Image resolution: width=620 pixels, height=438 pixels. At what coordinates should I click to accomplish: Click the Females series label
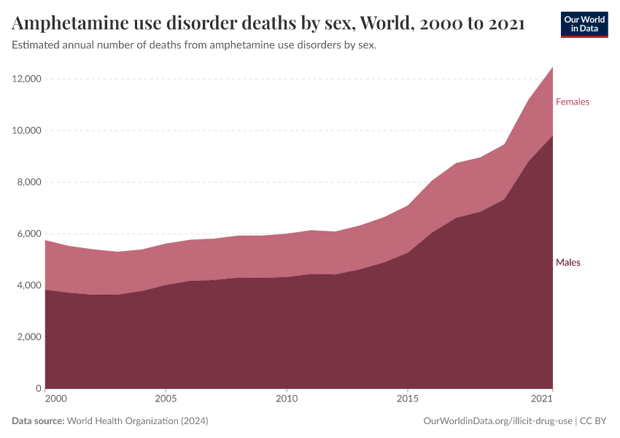[572, 102]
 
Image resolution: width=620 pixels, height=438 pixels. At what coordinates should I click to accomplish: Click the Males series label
[567, 262]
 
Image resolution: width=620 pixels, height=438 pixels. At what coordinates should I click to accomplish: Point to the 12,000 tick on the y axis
[24, 79]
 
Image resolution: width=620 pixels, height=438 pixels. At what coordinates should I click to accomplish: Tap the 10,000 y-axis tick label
[24, 131]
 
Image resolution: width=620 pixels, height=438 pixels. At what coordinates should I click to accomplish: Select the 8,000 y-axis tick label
[26, 182]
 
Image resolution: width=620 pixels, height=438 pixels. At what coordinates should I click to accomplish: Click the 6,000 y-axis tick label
[26, 234]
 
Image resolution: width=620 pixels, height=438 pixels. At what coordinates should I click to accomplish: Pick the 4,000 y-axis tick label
[26, 285]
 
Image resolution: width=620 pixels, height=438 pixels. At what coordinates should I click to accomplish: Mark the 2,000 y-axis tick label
[26, 337]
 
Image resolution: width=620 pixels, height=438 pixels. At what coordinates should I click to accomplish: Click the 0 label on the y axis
[37, 389]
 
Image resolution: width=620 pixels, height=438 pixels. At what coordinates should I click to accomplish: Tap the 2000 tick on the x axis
[55, 399]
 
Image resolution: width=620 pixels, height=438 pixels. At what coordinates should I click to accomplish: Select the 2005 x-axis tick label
[166, 399]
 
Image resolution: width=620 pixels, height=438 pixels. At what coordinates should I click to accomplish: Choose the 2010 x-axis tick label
[287, 399]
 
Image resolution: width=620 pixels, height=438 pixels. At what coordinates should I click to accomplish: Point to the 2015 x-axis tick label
[408, 399]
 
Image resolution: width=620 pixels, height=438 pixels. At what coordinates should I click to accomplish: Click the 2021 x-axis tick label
[541, 399]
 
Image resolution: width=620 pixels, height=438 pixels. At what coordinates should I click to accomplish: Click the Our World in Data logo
[584, 24]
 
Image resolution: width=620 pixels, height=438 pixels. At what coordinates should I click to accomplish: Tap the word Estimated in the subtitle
[35, 45]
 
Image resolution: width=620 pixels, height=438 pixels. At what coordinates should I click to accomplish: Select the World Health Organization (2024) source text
[137, 421]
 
